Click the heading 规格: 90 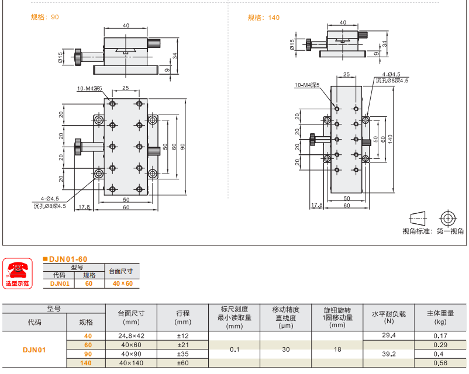44,18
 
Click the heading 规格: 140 263,18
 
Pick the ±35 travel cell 182,354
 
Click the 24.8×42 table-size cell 131,335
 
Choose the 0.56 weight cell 440,363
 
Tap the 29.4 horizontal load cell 389,335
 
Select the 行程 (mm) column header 182,317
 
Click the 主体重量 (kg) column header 440,317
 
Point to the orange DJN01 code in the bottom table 34,350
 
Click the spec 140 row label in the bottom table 88,363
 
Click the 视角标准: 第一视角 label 433,231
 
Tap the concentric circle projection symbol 448,218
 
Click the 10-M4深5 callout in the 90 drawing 89,89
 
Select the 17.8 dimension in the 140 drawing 317,205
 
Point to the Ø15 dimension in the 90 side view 61,57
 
